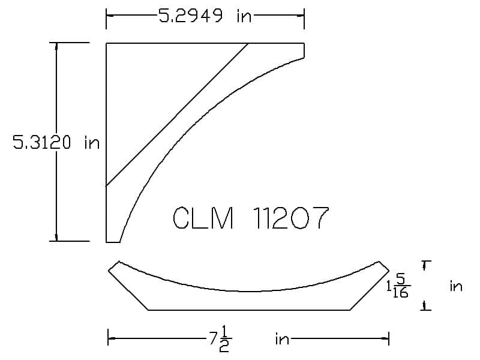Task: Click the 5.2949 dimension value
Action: [x=190, y=16]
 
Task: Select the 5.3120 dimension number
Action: [x=41, y=142]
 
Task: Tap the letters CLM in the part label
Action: [x=203, y=218]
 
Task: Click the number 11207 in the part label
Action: [x=291, y=218]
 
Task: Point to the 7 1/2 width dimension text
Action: [x=220, y=339]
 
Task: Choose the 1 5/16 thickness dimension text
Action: [x=398, y=287]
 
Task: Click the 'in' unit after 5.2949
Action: [x=244, y=16]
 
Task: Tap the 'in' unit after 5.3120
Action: [x=92, y=143]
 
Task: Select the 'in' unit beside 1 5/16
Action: [x=456, y=287]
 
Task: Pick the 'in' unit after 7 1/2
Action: [x=282, y=339]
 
